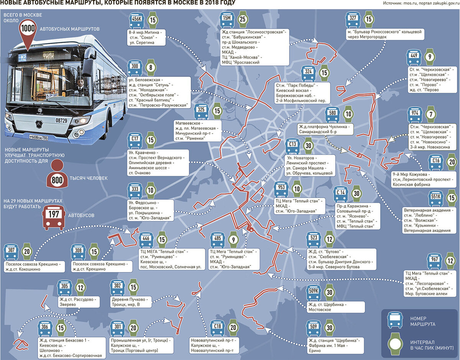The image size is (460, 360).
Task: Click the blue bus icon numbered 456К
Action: pos(137,20)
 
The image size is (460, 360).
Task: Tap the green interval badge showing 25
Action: pos(242,20)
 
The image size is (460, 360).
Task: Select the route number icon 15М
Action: pos(226,20)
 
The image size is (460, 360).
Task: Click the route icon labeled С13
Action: pos(292,146)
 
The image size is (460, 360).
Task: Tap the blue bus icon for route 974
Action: pos(415,115)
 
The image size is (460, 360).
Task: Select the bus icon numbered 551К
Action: pos(435,198)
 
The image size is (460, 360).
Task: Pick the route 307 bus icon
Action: pos(11,251)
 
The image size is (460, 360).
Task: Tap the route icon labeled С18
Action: pos(218,327)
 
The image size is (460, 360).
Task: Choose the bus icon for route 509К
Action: pos(314,292)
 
